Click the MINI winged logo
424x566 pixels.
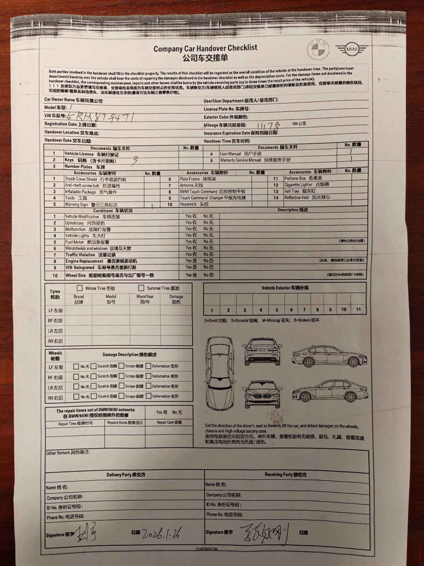351,50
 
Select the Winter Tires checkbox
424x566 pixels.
80,288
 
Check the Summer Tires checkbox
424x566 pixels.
141,288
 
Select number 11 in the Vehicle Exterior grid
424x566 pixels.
358,310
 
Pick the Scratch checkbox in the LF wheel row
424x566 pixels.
93,366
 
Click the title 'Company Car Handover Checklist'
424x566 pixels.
205,48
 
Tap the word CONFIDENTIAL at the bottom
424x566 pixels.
207,549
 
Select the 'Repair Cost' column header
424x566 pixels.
169,422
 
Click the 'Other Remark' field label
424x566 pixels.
68,453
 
